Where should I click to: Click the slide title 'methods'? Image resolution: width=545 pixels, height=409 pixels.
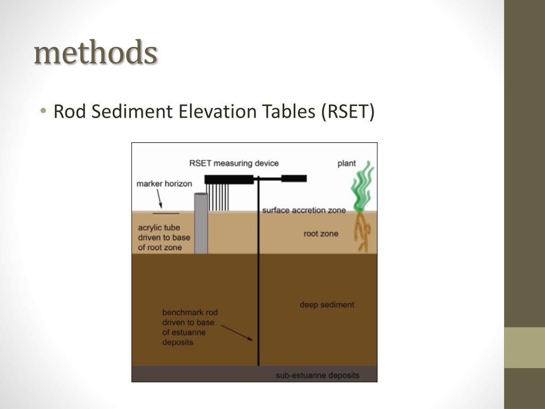[95, 53]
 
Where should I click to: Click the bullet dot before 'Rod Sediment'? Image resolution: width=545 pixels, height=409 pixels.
[43, 111]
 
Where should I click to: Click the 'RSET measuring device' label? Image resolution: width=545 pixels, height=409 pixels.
[234, 163]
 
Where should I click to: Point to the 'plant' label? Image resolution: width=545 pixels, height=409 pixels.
[346, 163]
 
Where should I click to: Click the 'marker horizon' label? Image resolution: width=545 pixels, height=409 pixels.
[164, 184]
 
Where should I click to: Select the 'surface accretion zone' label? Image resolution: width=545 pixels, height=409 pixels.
[303, 210]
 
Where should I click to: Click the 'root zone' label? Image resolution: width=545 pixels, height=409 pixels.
[321, 233]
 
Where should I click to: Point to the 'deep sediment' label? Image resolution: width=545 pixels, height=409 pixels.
[327, 305]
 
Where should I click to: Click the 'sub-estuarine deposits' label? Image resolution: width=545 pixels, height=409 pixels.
[317, 375]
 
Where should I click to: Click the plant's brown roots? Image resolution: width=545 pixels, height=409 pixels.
[363, 232]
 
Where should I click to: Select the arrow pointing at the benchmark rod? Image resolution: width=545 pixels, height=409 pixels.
[237, 332]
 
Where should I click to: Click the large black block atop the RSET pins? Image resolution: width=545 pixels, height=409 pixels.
[229, 179]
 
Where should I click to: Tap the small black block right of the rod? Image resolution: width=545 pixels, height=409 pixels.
[294, 178]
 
